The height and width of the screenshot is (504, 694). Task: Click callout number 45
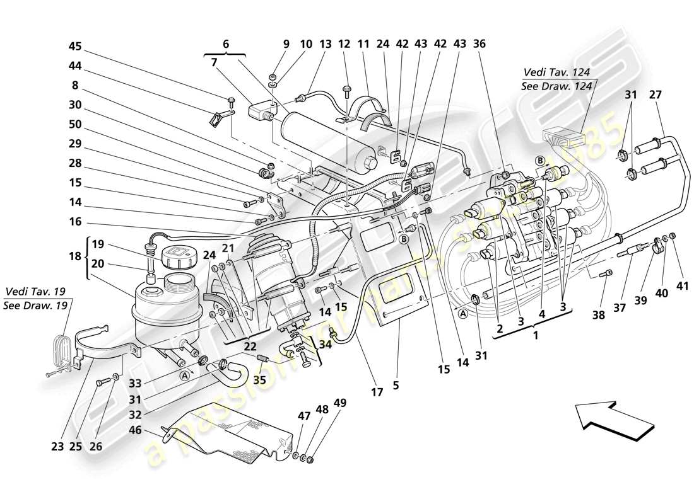(x=75, y=47)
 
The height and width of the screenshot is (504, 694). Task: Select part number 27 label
(x=656, y=95)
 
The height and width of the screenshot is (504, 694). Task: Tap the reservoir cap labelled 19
(x=179, y=258)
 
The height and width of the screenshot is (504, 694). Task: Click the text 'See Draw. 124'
(x=556, y=87)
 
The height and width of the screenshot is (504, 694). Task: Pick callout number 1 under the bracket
(x=535, y=336)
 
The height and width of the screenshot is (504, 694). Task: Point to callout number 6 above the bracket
(x=226, y=45)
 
